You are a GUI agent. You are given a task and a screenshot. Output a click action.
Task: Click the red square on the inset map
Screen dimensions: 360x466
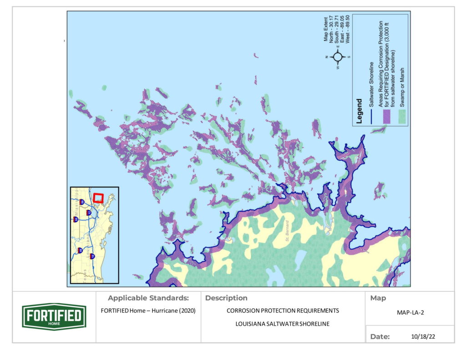98,198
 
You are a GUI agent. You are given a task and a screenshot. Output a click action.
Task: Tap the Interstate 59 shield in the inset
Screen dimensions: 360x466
81,202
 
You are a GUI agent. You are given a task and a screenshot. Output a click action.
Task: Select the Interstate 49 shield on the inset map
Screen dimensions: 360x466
80,250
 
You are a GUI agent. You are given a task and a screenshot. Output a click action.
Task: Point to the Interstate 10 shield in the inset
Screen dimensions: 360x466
92,256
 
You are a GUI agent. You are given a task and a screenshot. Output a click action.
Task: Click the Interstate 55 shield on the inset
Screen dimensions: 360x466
76,219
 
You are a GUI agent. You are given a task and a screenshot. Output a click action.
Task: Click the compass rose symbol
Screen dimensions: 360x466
338,57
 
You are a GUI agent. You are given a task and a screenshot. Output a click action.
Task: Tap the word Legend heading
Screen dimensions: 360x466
360,111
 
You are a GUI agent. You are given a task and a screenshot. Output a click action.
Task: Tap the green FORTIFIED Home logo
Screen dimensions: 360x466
54,317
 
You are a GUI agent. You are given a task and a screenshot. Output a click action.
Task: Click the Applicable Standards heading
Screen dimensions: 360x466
148,299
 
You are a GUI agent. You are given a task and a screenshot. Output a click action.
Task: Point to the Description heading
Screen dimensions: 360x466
226,299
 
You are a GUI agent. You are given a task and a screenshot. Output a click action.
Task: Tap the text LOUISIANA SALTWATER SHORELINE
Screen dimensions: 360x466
283,324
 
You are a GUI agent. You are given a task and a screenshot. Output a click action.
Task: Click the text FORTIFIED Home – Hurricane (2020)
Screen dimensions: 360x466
148,311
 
